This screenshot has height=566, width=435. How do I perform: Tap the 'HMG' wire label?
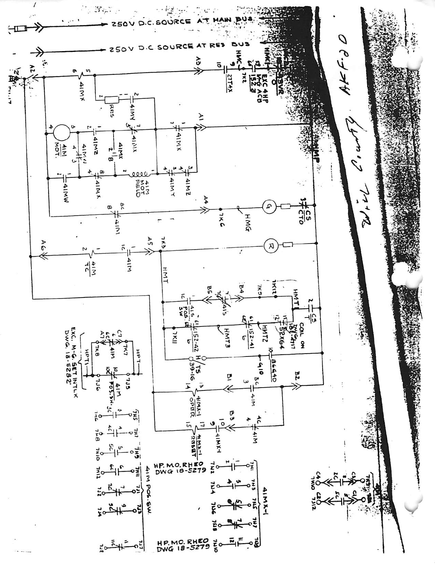(249, 218)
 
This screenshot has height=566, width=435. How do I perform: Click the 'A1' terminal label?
(200, 117)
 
